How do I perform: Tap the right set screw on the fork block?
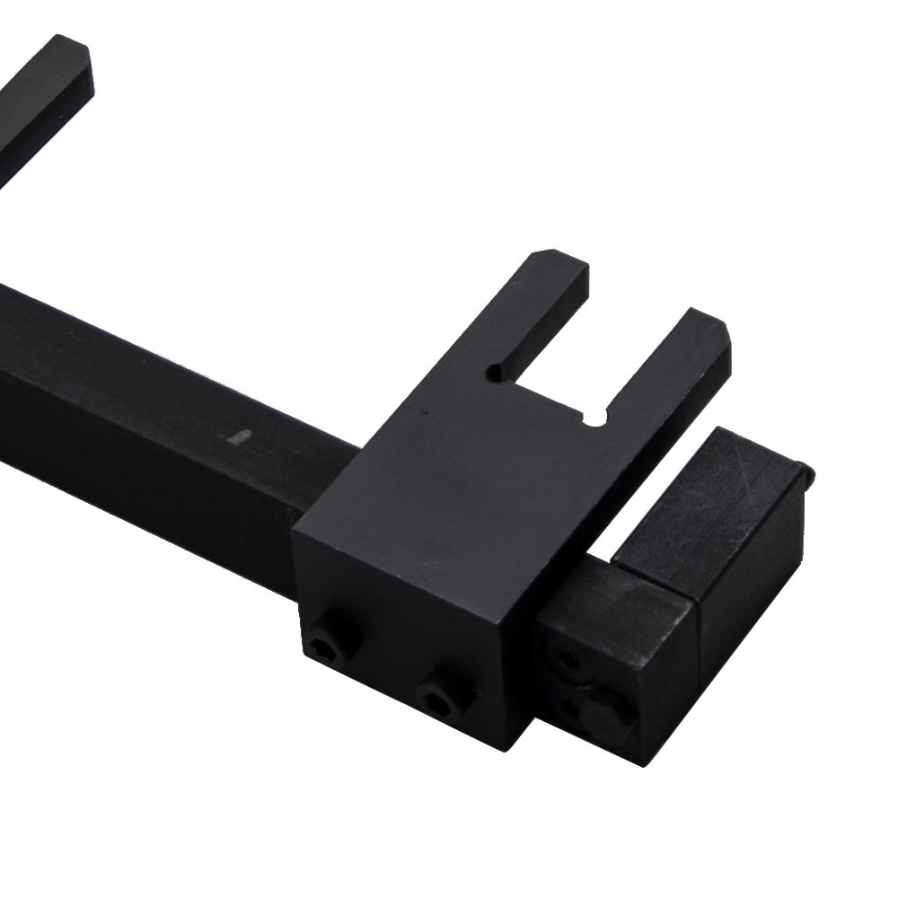tap(443, 692)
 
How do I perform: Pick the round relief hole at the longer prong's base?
tap(496, 369)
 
